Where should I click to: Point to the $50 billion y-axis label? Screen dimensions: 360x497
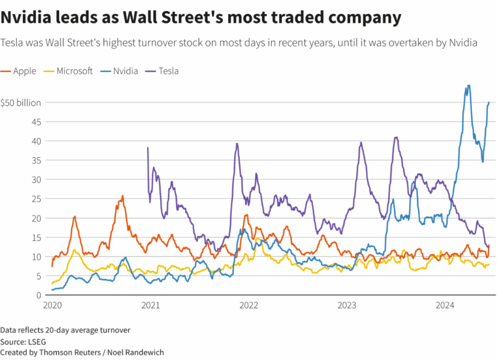pos(20,102)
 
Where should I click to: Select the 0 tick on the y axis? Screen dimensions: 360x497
pos(38,295)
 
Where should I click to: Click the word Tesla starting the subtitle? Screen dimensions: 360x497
pos(13,43)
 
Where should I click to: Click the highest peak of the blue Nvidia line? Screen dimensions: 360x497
pos(468,85)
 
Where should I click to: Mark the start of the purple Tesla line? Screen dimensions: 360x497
pos(148,147)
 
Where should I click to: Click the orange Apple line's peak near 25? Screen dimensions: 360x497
pos(122,196)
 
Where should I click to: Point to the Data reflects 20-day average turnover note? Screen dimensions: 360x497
pos(65,330)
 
